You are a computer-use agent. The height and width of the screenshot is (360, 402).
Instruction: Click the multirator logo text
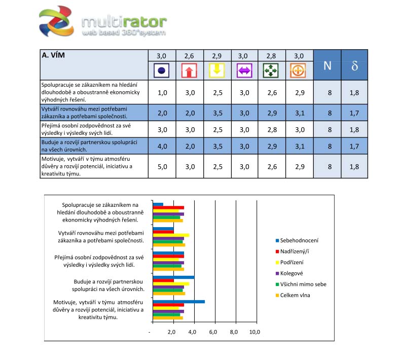(124, 22)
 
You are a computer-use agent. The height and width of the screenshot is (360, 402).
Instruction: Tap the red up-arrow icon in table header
(189, 70)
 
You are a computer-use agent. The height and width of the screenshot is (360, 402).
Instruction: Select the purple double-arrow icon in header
(244, 70)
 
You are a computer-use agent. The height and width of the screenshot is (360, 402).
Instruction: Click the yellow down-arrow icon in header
(216, 70)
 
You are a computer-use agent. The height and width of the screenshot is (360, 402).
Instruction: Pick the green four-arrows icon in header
(271, 70)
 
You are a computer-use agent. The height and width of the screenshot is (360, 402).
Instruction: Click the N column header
(327, 65)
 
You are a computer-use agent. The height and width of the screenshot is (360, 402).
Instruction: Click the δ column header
(355, 65)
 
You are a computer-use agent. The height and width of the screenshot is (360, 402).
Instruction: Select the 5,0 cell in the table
(162, 166)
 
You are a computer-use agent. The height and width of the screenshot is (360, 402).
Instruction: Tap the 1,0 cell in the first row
(162, 92)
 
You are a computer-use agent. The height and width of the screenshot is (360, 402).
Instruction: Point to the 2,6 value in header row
(189, 56)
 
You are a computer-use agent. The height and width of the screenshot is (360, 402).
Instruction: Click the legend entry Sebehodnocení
(301, 240)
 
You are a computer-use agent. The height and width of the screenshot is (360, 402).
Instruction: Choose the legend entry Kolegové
(294, 273)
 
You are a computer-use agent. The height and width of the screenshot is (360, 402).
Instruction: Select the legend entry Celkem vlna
(297, 295)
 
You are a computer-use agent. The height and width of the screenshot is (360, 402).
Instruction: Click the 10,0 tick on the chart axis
(253, 332)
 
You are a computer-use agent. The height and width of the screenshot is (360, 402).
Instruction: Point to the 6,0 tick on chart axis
(213, 332)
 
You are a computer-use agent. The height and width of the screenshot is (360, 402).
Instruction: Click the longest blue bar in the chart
(179, 302)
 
